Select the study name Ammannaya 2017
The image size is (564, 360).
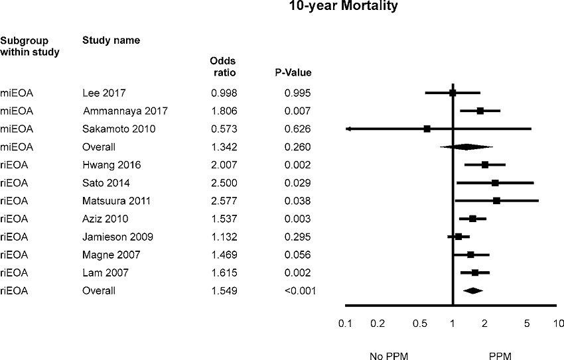pos(120,111)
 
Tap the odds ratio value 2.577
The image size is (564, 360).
pos(223,200)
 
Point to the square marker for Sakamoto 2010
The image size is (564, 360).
pos(427,129)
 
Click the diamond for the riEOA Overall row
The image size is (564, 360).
pos(473,290)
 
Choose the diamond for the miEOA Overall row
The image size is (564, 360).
pos(467,147)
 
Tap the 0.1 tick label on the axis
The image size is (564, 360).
pos(344,324)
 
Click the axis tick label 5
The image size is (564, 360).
pos(527,324)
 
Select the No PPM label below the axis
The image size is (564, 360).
pos(386,355)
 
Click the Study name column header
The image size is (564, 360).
pos(111,40)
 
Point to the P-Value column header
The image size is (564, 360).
pos(293,72)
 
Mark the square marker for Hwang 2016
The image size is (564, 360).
pos(485,164)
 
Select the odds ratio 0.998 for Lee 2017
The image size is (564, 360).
pos(223,93)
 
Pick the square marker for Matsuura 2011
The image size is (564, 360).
pos(496,200)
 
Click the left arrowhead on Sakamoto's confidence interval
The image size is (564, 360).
pos(348,129)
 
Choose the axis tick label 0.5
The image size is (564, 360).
pos(419,324)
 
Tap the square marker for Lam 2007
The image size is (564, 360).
pos(475,272)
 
